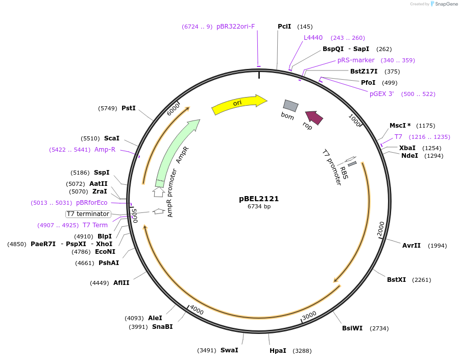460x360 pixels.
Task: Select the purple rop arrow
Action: (x=314, y=117)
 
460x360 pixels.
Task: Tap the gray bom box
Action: (x=290, y=106)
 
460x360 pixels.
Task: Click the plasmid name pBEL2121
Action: (x=259, y=199)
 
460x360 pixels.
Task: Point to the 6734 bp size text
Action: (x=259, y=207)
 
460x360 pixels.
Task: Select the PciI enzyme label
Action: (x=284, y=27)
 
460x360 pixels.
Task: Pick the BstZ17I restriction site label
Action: (x=364, y=71)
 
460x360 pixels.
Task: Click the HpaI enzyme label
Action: (x=278, y=351)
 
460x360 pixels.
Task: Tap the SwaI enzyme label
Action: (x=229, y=350)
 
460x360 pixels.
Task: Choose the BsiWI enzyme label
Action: (x=352, y=328)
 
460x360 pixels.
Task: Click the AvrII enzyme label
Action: (x=411, y=246)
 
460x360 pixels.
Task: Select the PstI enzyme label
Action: (x=129, y=108)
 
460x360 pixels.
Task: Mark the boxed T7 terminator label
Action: (x=88, y=214)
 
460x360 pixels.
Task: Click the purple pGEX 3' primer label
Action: (x=382, y=94)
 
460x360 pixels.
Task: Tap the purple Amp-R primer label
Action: (x=105, y=150)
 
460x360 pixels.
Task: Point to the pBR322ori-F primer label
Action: (x=235, y=27)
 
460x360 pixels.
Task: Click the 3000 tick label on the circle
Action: (x=309, y=317)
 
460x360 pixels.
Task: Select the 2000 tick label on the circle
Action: (x=381, y=229)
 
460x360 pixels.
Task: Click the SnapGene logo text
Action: (x=445, y=4)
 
